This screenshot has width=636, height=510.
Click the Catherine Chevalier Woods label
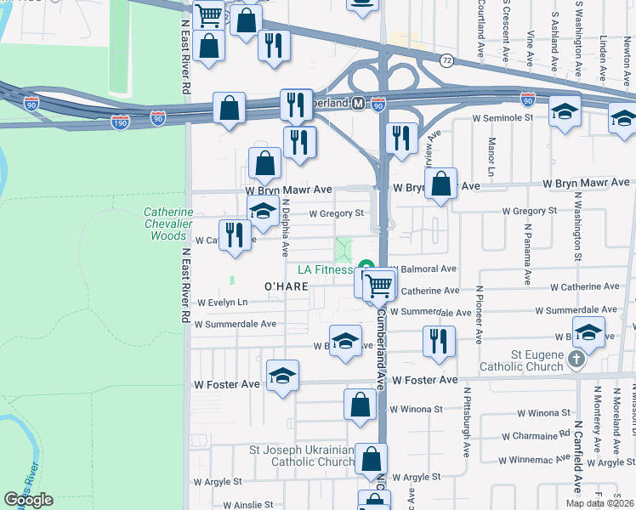pyautogui.click(x=168, y=224)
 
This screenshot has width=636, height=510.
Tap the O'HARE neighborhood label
pyautogui.click(x=286, y=286)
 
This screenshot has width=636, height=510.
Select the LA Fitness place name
pyautogui.click(x=324, y=269)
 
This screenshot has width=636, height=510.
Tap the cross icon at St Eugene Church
pyautogui.click(x=576, y=360)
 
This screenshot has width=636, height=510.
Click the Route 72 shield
pyautogui.click(x=446, y=60)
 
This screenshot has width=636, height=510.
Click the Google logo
pyautogui.click(x=28, y=500)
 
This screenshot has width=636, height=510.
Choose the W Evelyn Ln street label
pyautogui.click(x=223, y=303)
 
